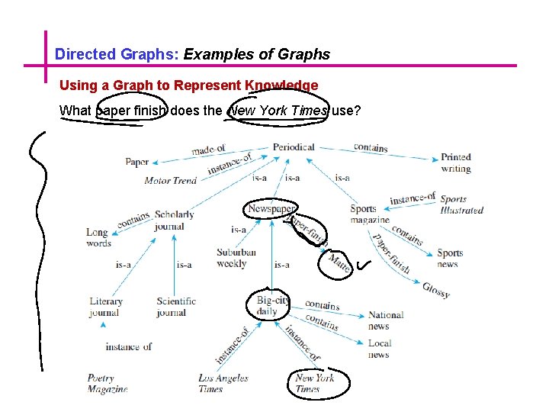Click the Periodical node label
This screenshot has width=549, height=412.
(x=294, y=146)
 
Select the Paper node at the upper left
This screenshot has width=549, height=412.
(x=137, y=162)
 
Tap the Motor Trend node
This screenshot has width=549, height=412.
(x=171, y=181)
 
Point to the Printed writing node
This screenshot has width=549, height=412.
(x=456, y=163)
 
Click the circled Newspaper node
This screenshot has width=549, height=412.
(x=271, y=209)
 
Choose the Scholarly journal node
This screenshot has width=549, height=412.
(x=174, y=220)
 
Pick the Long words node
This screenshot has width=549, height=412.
(x=98, y=238)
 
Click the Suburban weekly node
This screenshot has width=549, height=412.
(x=236, y=258)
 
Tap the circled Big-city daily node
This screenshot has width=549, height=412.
(x=272, y=306)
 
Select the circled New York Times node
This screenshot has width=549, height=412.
(x=314, y=383)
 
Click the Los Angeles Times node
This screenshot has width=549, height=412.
(x=223, y=383)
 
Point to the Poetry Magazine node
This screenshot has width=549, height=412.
(x=107, y=383)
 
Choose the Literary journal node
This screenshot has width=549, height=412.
(x=105, y=307)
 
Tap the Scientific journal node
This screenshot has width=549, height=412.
(x=176, y=307)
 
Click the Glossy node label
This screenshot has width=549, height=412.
(x=436, y=290)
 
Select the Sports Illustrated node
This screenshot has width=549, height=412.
(x=461, y=204)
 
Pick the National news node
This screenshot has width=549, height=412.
(x=385, y=320)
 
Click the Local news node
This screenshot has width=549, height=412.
(x=379, y=349)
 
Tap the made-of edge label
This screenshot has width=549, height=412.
(x=208, y=150)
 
